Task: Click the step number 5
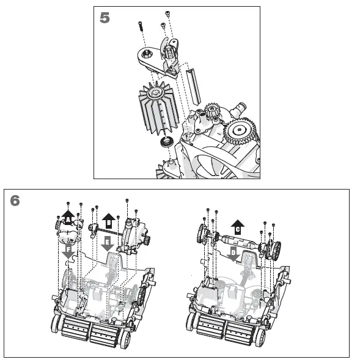click(x=105, y=18)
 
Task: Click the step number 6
click(x=15, y=201)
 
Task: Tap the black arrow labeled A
click(x=68, y=216)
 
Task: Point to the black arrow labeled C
click(x=237, y=226)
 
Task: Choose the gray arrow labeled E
click(x=108, y=243)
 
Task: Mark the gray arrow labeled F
click(x=68, y=251)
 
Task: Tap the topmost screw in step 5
click(x=167, y=13)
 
